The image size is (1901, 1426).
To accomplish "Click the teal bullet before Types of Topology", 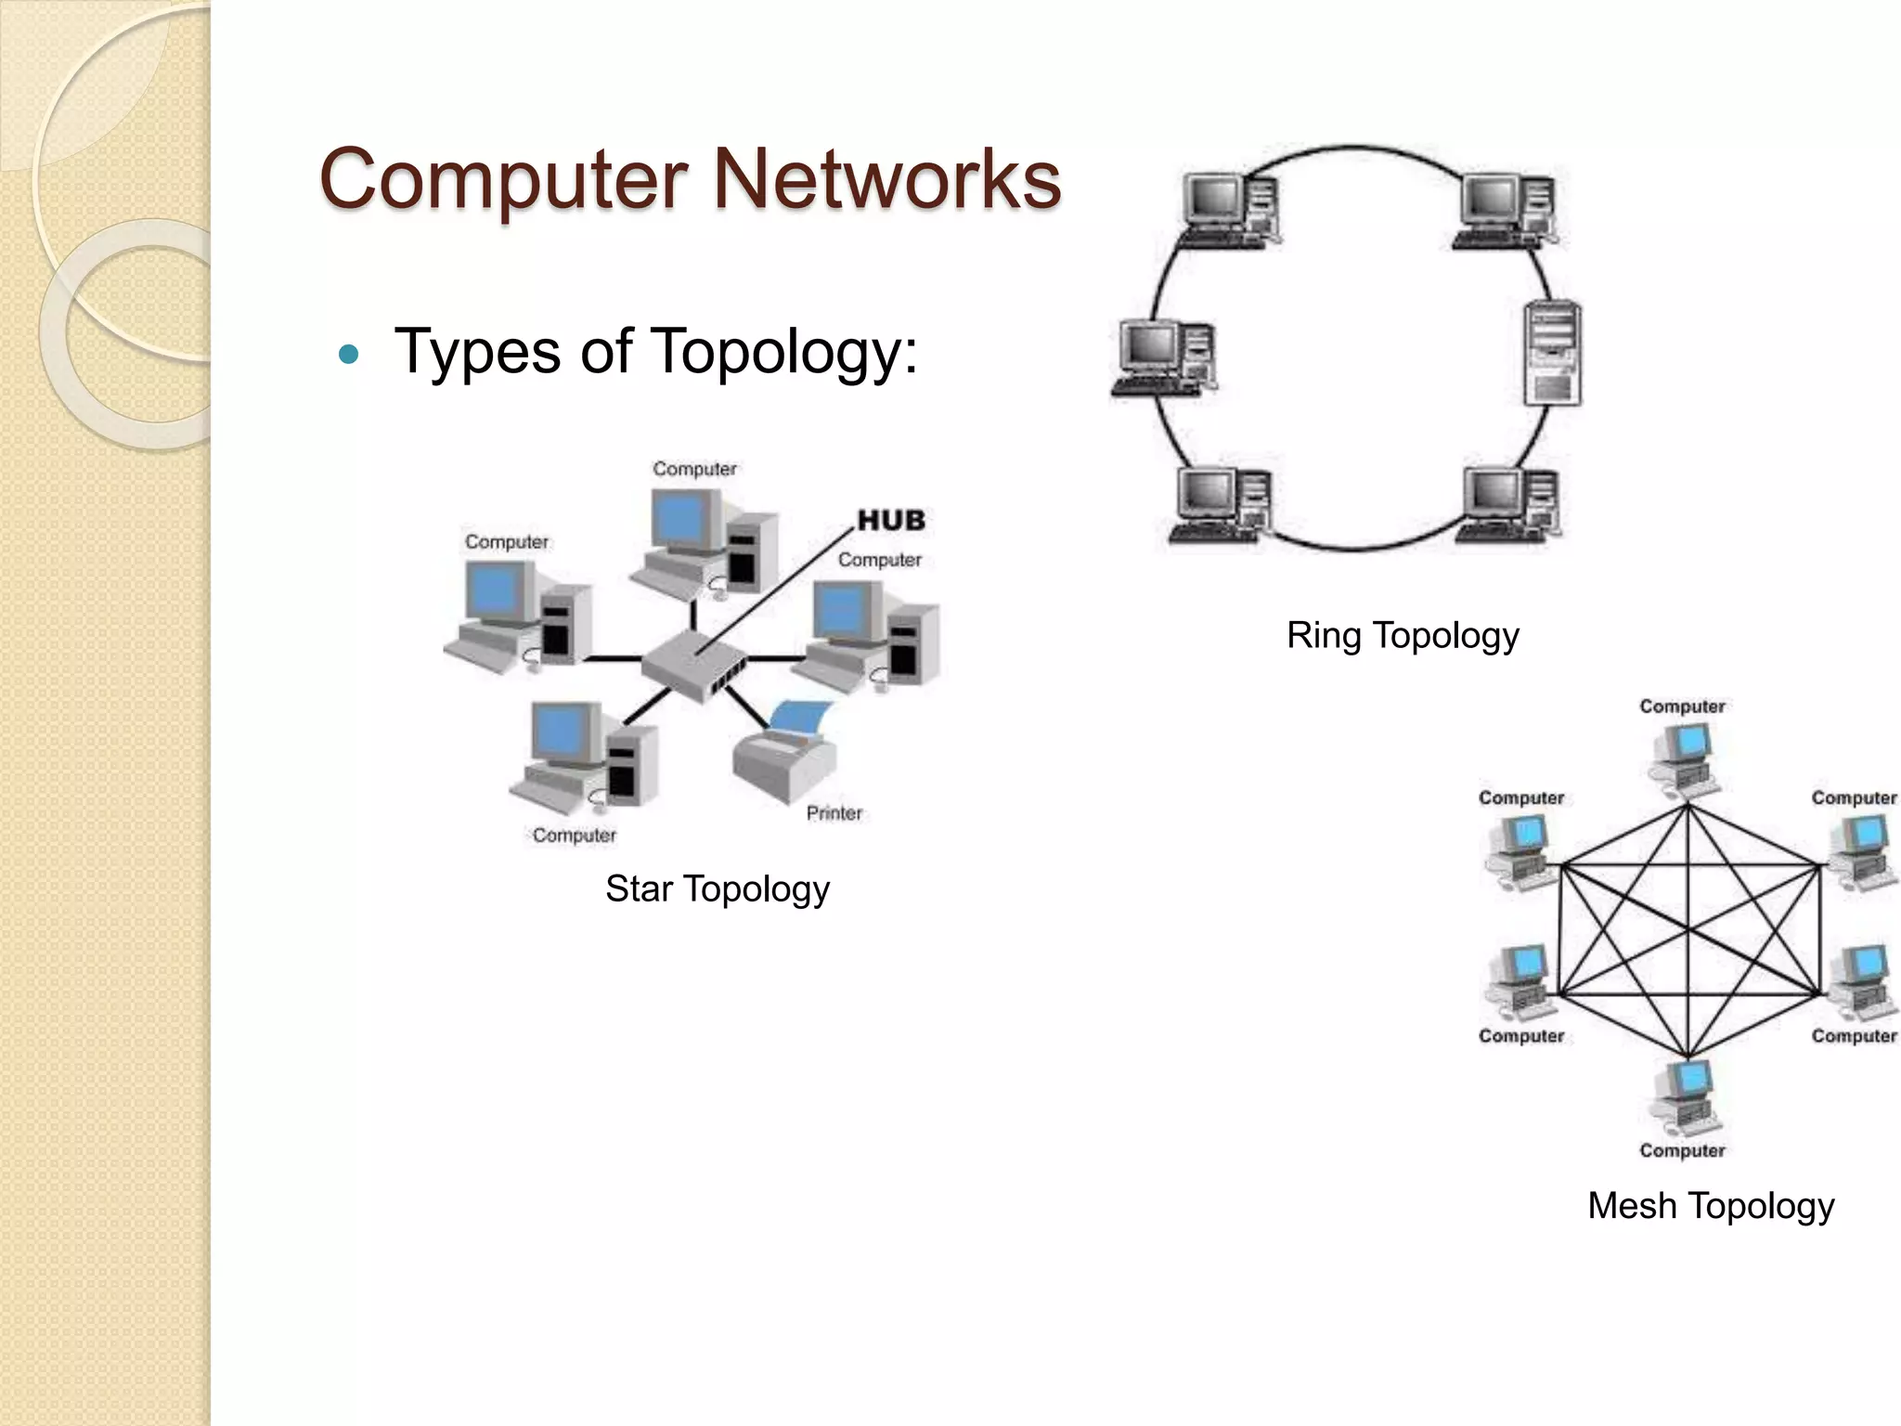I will tap(349, 354).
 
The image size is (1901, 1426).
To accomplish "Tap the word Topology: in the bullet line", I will tap(784, 352).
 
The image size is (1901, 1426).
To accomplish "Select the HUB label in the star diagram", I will tap(891, 521).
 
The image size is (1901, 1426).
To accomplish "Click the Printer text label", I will tap(834, 813).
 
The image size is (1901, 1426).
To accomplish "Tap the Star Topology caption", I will tap(717, 888).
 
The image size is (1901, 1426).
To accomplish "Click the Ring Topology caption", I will tap(1403, 635).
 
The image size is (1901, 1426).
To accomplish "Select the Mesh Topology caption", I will tap(1710, 1206).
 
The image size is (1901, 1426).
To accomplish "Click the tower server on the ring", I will tap(1553, 353).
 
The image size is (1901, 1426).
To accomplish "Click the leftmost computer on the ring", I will tap(1163, 357).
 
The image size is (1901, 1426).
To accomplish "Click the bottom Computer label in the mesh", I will tap(1681, 1150).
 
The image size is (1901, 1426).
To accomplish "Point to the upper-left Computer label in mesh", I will tap(1520, 797).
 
